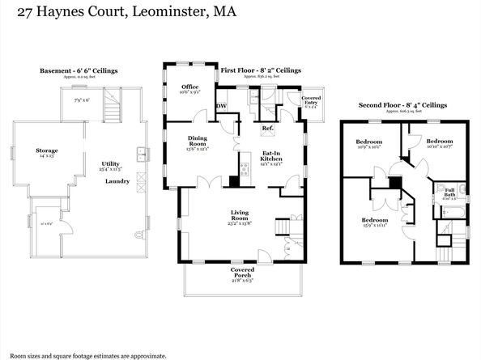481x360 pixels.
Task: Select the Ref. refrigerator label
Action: click(x=267, y=129)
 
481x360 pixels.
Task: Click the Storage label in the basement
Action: click(x=46, y=151)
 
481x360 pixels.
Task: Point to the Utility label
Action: click(x=110, y=163)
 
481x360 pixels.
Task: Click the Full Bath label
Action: click(x=449, y=193)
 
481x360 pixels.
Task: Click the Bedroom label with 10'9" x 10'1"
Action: click(x=368, y=144)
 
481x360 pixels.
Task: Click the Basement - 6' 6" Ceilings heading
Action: click(x=79, y=71)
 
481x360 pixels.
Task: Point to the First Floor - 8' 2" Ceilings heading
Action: click(x=261, y=70)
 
